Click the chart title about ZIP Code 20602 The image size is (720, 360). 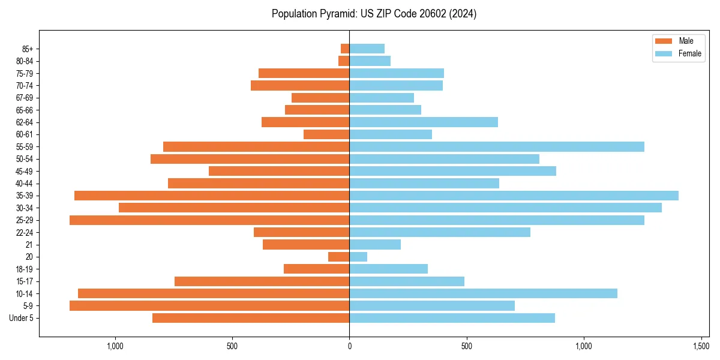click(x=374, y=14)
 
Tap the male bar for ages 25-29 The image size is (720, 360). click(x=209, y=220)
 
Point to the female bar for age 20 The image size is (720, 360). click(x=358, y=257)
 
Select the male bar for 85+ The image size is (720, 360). click(x=345, y=49)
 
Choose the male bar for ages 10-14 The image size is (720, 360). click(x=214, y=293)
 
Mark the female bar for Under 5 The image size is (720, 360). click(x=452, y=318)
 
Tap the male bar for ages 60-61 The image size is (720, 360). click(x=326, y=134)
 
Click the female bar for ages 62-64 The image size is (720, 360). click(x=424, y=122)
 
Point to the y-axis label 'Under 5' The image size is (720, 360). click(x=21, y=318)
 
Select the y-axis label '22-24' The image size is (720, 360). click(x=25, y=232)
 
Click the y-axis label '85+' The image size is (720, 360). click(x=27, y=49)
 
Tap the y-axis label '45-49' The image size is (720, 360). click(x=25, y=171)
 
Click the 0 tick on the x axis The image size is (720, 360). click(x=349, y=346)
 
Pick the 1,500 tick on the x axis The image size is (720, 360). click(x=701, y=346)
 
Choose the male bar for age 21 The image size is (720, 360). click(x=306, y=245)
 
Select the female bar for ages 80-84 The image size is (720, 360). click(x=370, y=61)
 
